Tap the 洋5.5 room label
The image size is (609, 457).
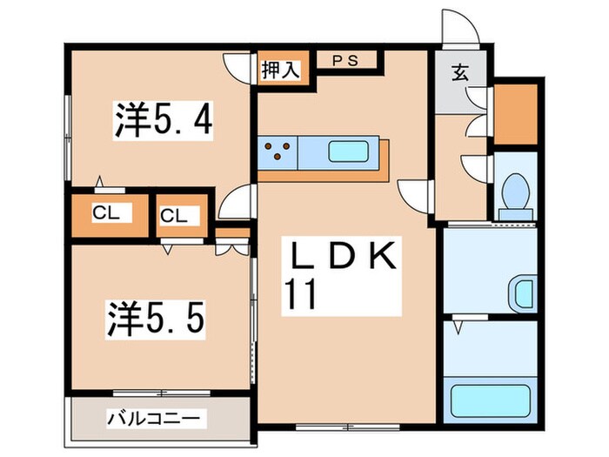[x=157, y=317]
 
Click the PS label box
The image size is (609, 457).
[x=347, y=61]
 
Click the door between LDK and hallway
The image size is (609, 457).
[x=415, y=193]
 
